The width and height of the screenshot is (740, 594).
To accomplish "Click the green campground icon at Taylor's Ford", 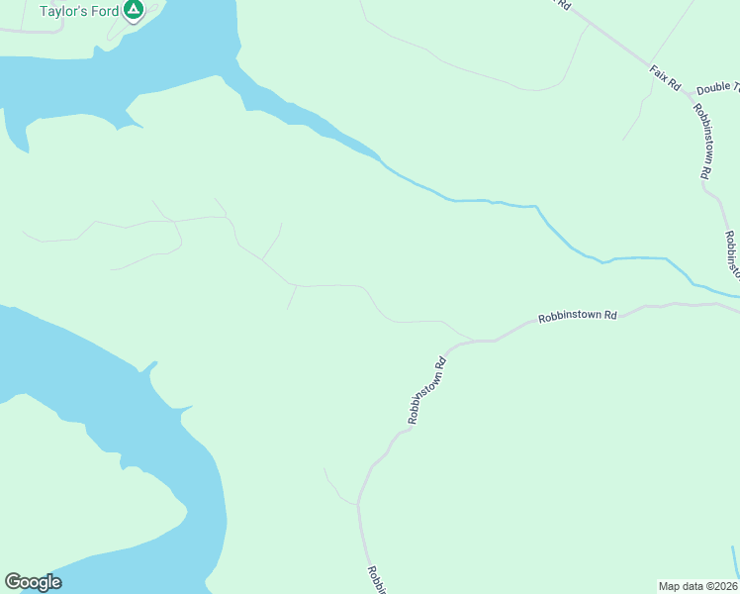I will pos(134,11).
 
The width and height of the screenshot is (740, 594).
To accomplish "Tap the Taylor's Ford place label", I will pos(79,12).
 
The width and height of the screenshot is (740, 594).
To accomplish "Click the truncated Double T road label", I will pos(717,89).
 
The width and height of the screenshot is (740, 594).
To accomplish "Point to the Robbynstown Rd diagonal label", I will pos(427,391).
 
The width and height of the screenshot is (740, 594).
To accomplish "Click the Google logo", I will pos(33,582).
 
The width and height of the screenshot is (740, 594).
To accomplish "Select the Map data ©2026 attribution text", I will pos(698,585).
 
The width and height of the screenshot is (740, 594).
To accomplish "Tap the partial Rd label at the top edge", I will pos(564,4).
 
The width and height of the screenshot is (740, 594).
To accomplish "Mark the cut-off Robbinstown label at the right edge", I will pos(732,255).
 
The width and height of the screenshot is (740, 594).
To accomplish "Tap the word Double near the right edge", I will pos(712,89).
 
